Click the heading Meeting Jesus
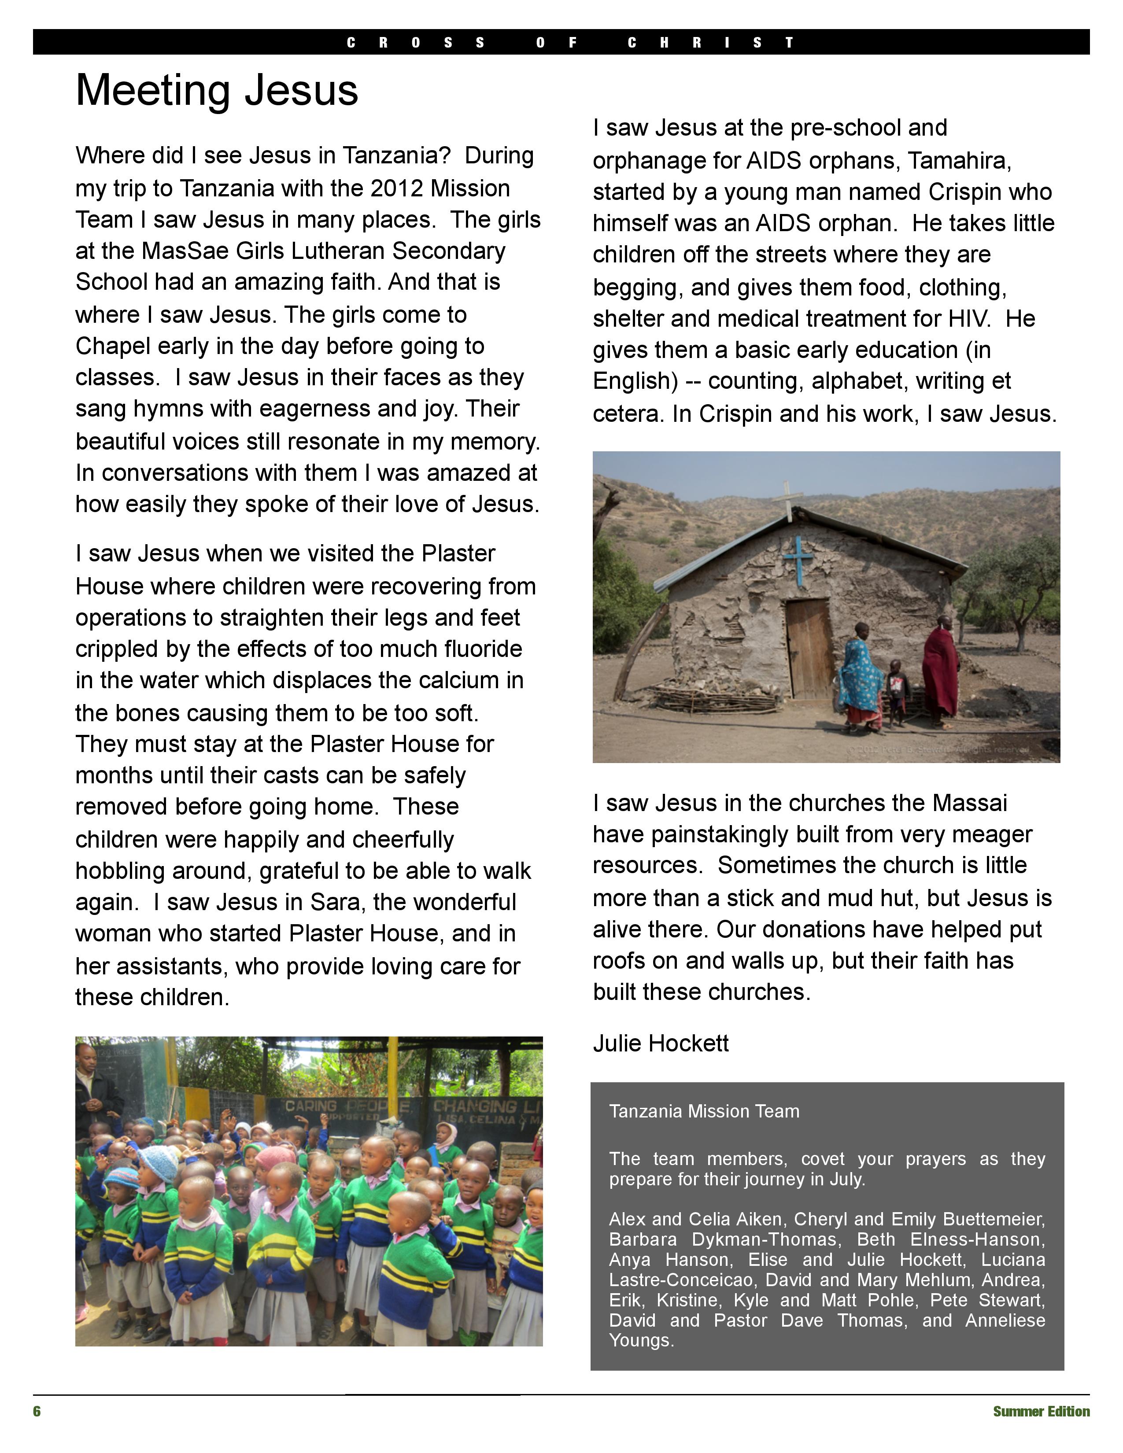point(217,90)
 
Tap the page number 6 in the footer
point(37,1411)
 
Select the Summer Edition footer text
point(1041,1411)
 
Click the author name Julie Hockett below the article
point(661,1043)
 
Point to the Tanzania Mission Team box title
point(704,1111)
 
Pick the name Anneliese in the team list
point(1005,1320)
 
